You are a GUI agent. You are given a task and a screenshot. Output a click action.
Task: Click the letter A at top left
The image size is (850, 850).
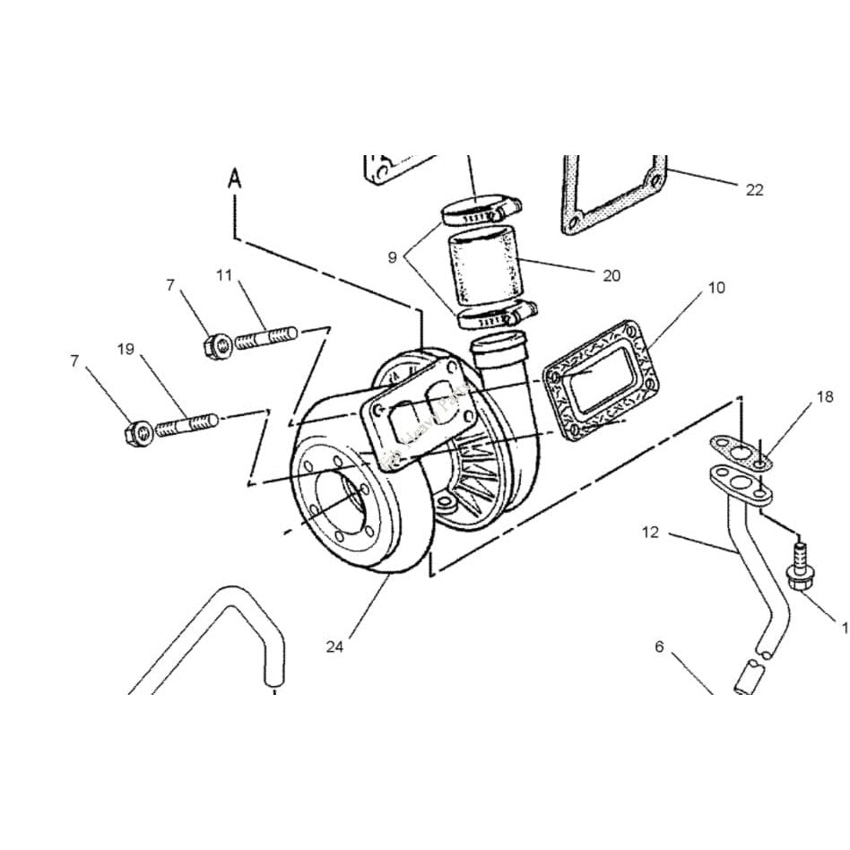[x=235, y=178]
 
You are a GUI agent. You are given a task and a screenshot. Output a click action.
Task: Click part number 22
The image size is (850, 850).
[x=754, y=189]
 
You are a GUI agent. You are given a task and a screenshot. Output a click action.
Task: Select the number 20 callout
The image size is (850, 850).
[x=611, y=276]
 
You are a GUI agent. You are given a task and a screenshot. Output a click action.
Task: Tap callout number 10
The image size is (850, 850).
[x=716, y=288]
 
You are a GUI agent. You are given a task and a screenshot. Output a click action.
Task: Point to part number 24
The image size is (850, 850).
[x=334, y=646]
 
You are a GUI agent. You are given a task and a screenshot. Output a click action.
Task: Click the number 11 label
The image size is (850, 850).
[x=224, y=275]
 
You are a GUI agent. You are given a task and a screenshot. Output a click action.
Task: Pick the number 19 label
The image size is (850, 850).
[x=126, y=349]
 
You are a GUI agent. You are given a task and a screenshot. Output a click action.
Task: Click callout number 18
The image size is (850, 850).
[x=824, y=396]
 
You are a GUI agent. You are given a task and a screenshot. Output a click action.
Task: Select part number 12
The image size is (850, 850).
[x=650, y=533]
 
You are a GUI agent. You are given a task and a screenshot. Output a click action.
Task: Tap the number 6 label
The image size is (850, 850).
[x=659, y=646]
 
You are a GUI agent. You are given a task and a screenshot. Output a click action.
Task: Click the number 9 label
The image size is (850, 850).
[x=392, y=257]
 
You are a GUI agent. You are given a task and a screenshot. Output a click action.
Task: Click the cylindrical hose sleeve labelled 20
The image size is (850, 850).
[x=484, y=266]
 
